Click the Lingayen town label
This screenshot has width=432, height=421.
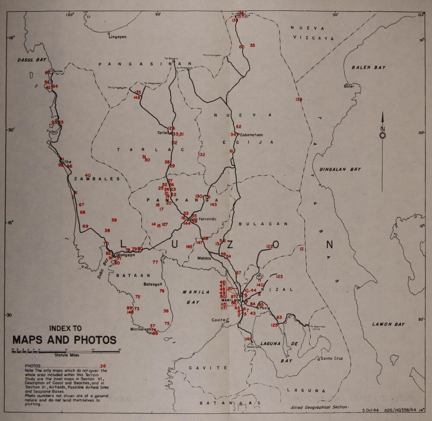[x=118, y=37]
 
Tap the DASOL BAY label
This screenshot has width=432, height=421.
[x=32, y=60]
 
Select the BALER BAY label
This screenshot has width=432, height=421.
[x=368, y=68]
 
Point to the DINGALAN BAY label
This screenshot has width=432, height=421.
[x=340, y=170]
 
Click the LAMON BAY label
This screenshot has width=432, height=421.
[x=388, y=324]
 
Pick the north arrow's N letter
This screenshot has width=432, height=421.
[x=382, y=129]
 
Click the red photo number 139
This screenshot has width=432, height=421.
[x=299, y=100]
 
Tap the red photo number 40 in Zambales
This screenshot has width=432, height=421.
[x=88, y=175]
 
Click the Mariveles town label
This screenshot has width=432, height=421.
[x=139, y=329]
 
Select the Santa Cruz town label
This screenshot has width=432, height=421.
[x=332, y=358]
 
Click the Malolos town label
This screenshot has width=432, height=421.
[x=204, y=258]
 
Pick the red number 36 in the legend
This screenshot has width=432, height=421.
[x=102, y=366]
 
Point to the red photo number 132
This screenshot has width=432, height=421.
[x=201, y=154]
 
